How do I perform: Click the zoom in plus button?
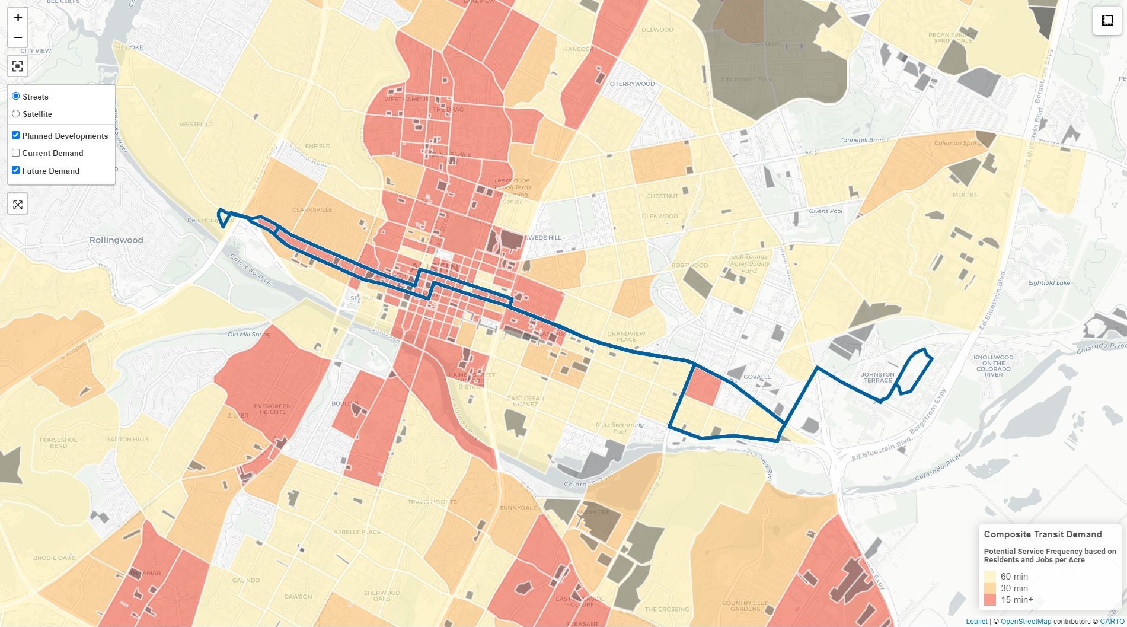pyautogui.click(x=18, y=17)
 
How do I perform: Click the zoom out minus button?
pyautogui.click(x=18, y=37)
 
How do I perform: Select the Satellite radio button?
pyautogui.click(x=16, y=114)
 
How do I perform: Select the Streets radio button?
pyautogui.click(x=16, y=96)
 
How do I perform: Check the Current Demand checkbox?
pyautogui.click(x=16, y=153)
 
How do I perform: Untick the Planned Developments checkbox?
pyautogui.click(x=16, y=136)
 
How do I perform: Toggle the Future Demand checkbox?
pyautogui.click(x=16, y=171)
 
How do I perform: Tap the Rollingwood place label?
pyautogui.click(x=116, y=240)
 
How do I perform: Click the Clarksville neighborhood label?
pyautogui.click(x=312, y=210)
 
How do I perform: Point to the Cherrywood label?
pyautogui.click(x=632, y=84)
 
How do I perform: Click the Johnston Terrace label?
pyautogui.click(x=877, y=377)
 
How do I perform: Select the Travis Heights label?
pyautogui.click(x=432, y=502)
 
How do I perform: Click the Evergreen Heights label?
pyautogui.click(x=273, y=409)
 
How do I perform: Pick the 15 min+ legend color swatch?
pyautogui.click(x=990, y=600)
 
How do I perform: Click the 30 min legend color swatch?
pyautogui.click(x=990, y=588)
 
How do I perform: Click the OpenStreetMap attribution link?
pyautogui.click(x=1026, y=622)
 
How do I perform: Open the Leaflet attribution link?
pyautogui.click(x=976, y=622)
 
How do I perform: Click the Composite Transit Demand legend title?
pyautogui.click(x=1042, y=534)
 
